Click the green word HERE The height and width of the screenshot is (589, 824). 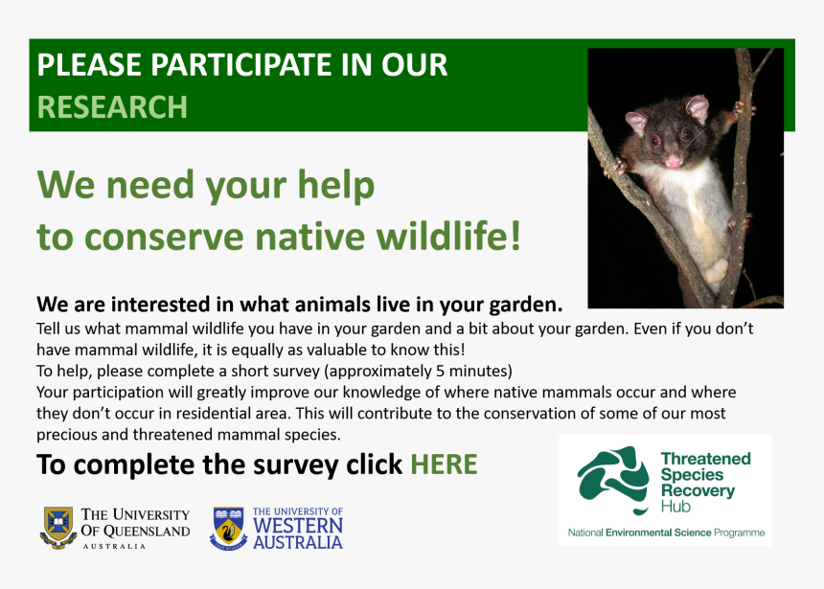pyautogui.click(x=444, y=464)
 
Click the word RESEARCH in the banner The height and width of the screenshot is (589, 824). pyautogui.click(x=112, y=106)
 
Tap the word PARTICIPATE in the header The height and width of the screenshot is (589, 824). pyautogui.click(x=229, y=65)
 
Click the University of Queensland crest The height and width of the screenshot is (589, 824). pyautogui.click(x=57, y=527)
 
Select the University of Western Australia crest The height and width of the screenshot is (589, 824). pyautogui.click(x=228, y=528)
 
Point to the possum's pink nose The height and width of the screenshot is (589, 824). pyautogui.click(x=674, y=161)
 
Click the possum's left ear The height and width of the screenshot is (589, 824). pyautogui.click(x=636, y=122)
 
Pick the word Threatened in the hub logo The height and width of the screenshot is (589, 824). pyautogui.click(x=705, y=459)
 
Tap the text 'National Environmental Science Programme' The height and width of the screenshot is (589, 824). pyautogui.click(x=666, y=532)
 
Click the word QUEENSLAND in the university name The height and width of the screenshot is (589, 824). pyautogui.click(x=145, y=531)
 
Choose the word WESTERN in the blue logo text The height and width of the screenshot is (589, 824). pyautogui.click(x=297, y=527)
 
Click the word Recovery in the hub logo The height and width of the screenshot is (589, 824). pyautogui.click(x=698, y=491)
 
